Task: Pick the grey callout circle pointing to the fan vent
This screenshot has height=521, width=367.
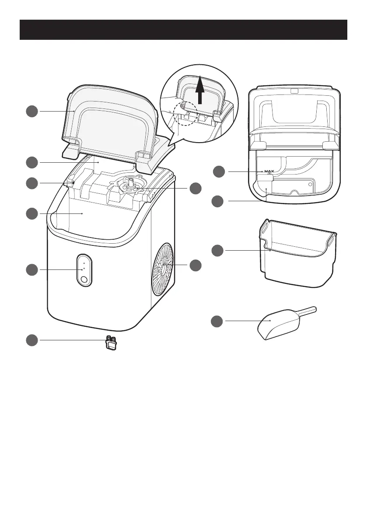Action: click(196, 265)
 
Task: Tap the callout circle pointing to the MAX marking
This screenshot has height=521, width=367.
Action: click(220, 172)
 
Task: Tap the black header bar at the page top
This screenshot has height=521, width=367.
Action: click(183, 29)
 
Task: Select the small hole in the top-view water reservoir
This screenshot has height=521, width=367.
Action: click(310, 185)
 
